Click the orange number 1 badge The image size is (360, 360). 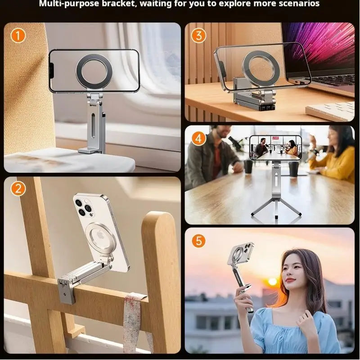(18, 35)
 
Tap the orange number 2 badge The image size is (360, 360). (18, 189)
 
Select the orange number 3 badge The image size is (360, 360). (198, 35)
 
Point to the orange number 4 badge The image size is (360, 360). (198, 138)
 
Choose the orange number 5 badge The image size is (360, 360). (198, 241)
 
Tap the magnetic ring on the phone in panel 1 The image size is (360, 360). (94, 71)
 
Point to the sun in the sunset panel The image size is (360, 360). (273, 281)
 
